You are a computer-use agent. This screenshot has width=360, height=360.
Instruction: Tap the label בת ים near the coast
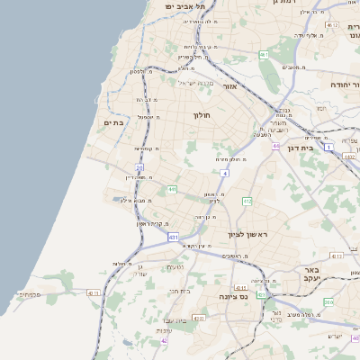pos(113,123)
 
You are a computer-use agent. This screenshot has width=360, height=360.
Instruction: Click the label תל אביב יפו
pos(184,6)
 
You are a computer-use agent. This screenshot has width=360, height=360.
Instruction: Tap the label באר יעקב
pos(311,274)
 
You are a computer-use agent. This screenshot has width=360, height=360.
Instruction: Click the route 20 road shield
pos(139,167)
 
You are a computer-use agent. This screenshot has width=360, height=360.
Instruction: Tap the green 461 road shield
pos(264,56)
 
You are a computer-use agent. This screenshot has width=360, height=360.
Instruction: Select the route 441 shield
pos(171,189)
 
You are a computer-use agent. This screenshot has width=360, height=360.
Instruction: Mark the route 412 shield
pos(247,202)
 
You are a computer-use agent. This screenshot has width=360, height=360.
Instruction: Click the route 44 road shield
pos(275,146)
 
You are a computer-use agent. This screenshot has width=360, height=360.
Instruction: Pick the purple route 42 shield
pos(165,341)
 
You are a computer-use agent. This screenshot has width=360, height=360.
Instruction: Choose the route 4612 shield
pos(334,25)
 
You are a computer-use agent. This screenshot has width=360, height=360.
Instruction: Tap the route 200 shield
pos(328,302)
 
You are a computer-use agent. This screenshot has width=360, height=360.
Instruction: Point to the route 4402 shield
pos(348,157)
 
